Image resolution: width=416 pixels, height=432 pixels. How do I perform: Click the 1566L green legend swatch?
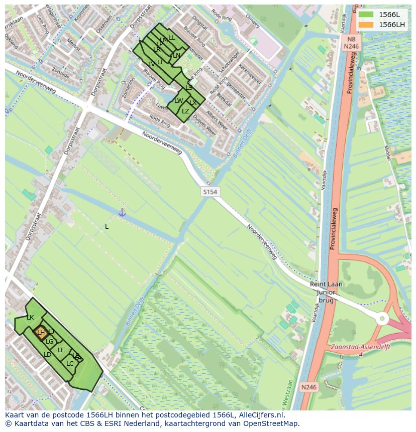click(x=366, y=15)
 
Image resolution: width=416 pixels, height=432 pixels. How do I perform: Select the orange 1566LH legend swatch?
click(x=366, y=25)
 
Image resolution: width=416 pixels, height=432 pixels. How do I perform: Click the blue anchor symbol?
click(x=122, y=213)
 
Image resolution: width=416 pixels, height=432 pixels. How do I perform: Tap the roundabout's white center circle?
click(x=382, y=319)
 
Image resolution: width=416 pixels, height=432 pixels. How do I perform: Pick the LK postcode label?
click(x=30, y=318)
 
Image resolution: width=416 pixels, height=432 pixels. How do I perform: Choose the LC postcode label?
click(x=70, y=364)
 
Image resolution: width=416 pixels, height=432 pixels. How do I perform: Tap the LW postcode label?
click(x=178, y=101)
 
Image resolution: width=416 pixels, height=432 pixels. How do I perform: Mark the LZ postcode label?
click(x=185, y=111)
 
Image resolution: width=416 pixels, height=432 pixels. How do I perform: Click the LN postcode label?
click(x=176, y=56)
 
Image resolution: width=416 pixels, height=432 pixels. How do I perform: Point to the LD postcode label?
click(x=47, y=355)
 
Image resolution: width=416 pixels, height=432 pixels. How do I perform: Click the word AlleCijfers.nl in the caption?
click(x=261, y=415)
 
